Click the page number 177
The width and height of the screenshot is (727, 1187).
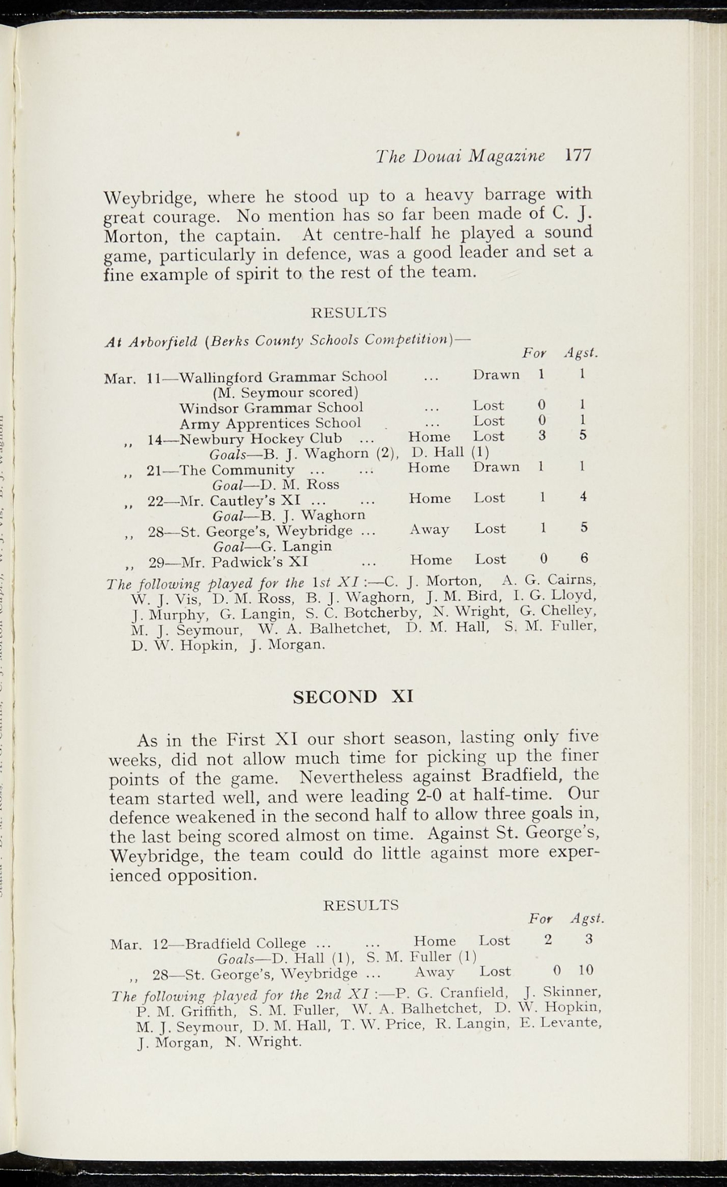click(x=578, y=156)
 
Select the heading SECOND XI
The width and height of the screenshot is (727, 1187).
click(x=353, y=697)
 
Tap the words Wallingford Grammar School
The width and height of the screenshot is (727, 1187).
click(x=283, y=377)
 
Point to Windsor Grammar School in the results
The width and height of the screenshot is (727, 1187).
click(x=271, y=407)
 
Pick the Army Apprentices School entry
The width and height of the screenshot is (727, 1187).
click(x=270, y=423)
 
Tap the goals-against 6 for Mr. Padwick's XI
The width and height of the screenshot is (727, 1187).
click(x=584, y=558)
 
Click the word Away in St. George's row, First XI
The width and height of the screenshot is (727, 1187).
click(x=429, y=529)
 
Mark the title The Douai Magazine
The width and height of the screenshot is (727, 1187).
click(x=460, y=156)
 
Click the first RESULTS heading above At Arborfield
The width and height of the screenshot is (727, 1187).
click(x=349, y=313)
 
